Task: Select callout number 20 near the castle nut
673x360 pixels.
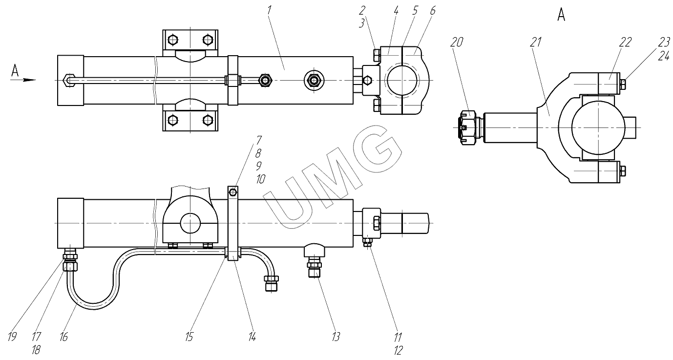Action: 457,42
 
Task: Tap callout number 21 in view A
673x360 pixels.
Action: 535,42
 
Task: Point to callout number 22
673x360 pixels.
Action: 625,42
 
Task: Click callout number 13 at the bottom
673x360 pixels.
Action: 336,337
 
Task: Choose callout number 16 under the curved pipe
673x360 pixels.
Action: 63,337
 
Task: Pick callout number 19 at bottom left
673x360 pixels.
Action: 12,337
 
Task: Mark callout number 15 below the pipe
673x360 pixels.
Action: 189,337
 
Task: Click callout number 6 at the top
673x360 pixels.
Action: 433,11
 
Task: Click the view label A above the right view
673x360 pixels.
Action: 561,15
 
